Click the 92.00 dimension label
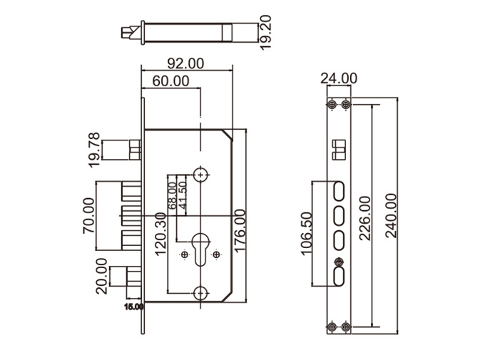pyautogui.click(x=187, y=63)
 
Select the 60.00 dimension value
pyautogui.click(x=170, y=81)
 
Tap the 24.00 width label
pyautogui.click(x=339, y=78)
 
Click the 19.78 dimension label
pyautogui.click(x=93, y=150)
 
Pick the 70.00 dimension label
pyautogui.click(x=89, y=215)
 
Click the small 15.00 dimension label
pyautogui.click(x=134, y=307)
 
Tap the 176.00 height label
pyautogui.click(x=240, y=232)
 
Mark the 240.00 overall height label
pyautogui.click(x=391, y=216)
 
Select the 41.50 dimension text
pyautogui.click(x=183, y=195)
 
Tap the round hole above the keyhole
pyautogui.click(x=201, y=174)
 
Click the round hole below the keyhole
pyautogui.click(x=202, y=293)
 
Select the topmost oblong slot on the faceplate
pyautogui.click(x=339, y=190)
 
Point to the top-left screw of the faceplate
pyautogui.click(x=332, y=106)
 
